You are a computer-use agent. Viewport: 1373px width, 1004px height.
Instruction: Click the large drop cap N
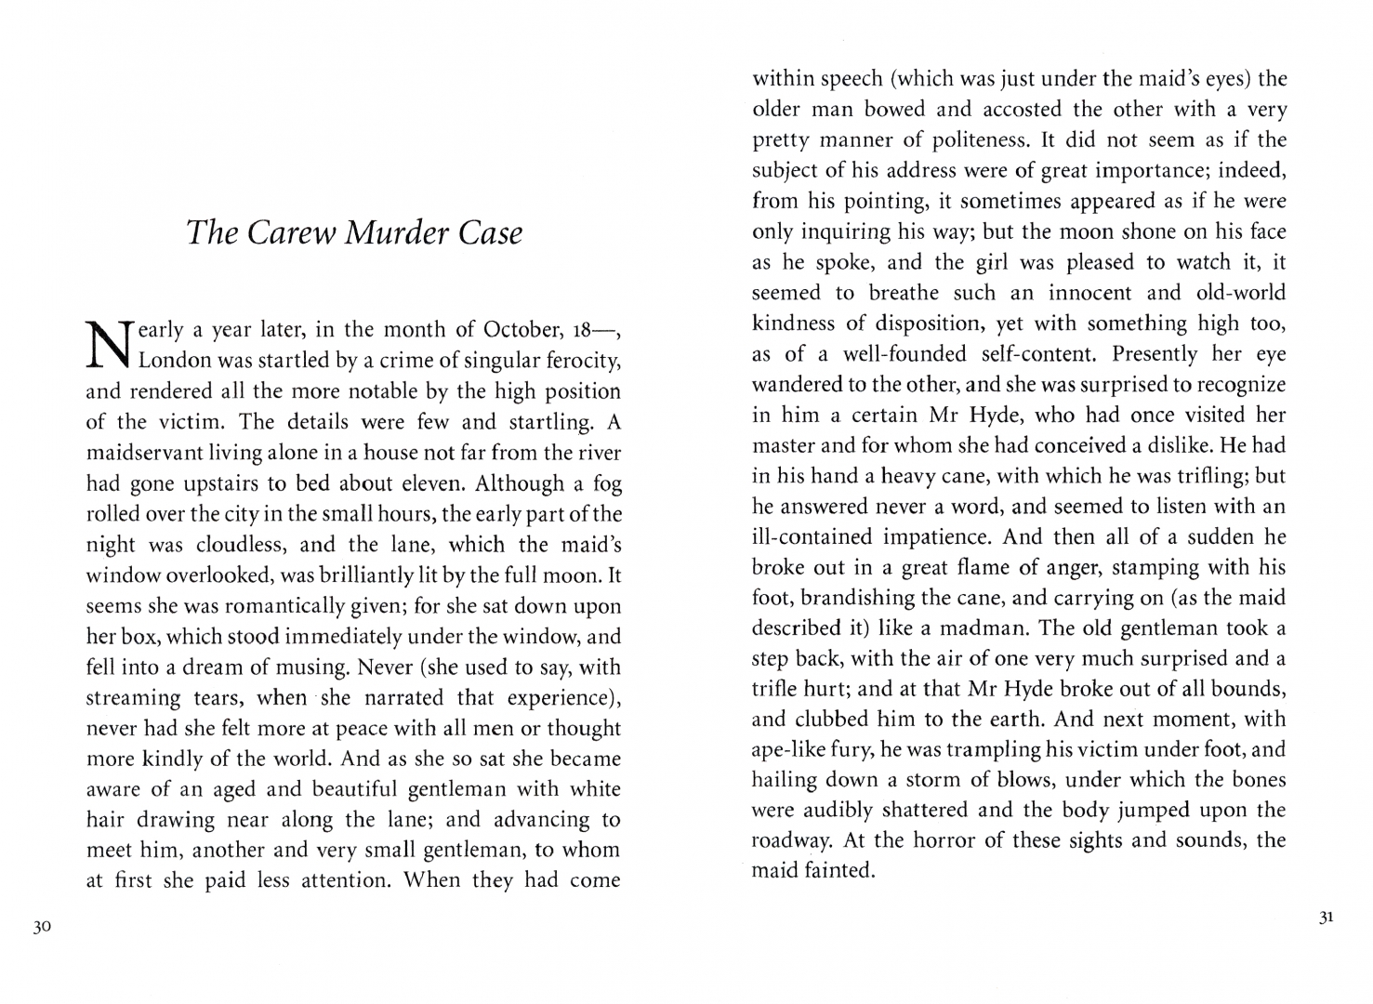[106, 344]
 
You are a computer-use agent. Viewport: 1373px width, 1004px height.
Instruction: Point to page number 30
[38, 926]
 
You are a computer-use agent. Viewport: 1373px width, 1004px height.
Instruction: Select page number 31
[1327, 918]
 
